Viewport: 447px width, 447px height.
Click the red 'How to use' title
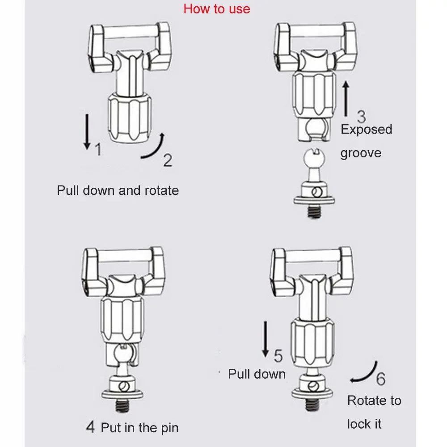point(217,9)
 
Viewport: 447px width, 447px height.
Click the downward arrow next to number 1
point(87,132)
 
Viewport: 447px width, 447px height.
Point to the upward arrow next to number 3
point(346,99)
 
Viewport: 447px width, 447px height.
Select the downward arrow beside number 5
point(266,339)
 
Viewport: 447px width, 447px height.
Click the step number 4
point(90,427)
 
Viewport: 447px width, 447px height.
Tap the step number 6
point(381,378)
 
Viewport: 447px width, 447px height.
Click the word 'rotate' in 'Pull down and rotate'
point(162,190)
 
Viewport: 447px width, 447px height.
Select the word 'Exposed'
point(367,130)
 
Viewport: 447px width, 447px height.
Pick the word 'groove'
point(361,153)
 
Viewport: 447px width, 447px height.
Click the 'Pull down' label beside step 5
point(257,374)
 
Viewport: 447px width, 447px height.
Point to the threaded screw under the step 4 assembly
point(122,405)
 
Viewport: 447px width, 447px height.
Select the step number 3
point(361,116)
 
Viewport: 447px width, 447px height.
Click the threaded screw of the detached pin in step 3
point(314,212)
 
